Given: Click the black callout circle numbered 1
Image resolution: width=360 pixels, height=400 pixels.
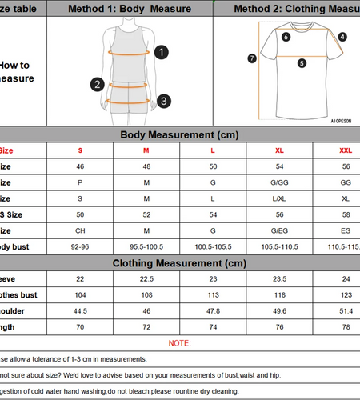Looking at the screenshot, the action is coord(162,53).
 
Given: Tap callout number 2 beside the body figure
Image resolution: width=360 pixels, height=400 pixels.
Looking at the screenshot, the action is coord(98,84).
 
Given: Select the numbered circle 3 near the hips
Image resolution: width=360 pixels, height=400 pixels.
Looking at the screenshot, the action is coord(162,101).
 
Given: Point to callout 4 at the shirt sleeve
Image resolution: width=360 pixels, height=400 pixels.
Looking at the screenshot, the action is coord(342,37).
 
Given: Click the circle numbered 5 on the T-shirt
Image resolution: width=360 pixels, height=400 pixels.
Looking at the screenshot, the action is coord(302,63).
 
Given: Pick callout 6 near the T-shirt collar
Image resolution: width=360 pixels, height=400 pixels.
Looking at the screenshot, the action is coord(286,36).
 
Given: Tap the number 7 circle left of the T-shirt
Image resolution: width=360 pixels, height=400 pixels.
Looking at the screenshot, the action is coord(252,58).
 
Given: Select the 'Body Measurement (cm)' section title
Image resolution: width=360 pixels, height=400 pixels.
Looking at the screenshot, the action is coord(179,135).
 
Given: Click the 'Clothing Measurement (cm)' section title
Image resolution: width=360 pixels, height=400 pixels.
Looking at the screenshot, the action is coord(179,262).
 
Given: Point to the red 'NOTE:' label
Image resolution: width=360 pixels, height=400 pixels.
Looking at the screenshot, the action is coord(179,343).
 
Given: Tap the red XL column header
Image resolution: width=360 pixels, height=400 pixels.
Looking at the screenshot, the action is coord(279,150).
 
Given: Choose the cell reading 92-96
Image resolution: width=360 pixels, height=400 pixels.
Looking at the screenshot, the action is coord(80,247).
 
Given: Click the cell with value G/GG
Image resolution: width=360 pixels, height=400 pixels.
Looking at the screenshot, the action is coord(279,182).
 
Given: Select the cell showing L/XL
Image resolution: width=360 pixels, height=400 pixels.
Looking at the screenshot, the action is coord(279,198).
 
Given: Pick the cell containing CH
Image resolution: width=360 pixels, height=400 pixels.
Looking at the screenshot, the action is coord(80,230).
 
